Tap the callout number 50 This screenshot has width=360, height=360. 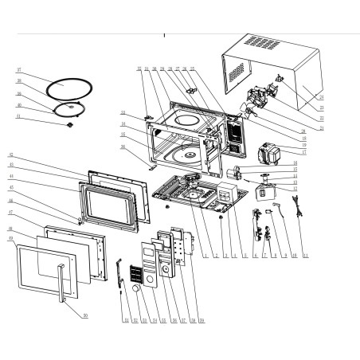pyautogui.click(x=84, y=315)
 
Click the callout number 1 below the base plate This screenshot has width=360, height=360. pyautogui.click(x=205, y=256)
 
